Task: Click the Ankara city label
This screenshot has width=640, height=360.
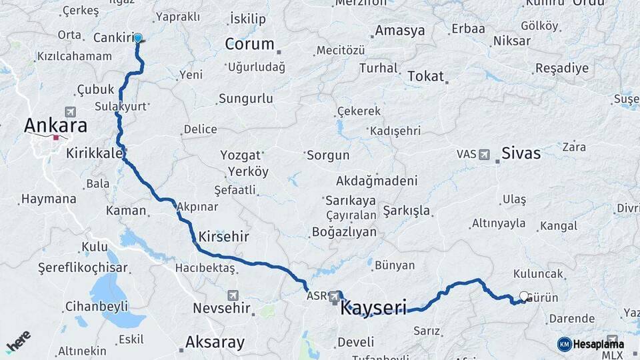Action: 55,125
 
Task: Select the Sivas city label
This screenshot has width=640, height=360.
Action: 521,153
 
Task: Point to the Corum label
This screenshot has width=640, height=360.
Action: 249,44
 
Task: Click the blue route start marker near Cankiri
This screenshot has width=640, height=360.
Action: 138,38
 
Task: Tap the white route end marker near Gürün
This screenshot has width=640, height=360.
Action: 523,297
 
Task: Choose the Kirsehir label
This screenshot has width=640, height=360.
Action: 223,237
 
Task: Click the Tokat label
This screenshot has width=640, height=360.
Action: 425,76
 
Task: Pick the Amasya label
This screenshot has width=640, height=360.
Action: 399,31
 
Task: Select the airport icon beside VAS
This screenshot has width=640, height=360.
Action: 484,155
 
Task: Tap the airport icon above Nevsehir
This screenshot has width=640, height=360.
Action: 233,295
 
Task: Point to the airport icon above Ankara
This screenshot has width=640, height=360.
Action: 71,111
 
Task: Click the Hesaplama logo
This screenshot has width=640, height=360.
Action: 591,344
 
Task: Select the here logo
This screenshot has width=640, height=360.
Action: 18,342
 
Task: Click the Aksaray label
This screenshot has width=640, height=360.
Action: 215,343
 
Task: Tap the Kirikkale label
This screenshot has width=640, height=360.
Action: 94,153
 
